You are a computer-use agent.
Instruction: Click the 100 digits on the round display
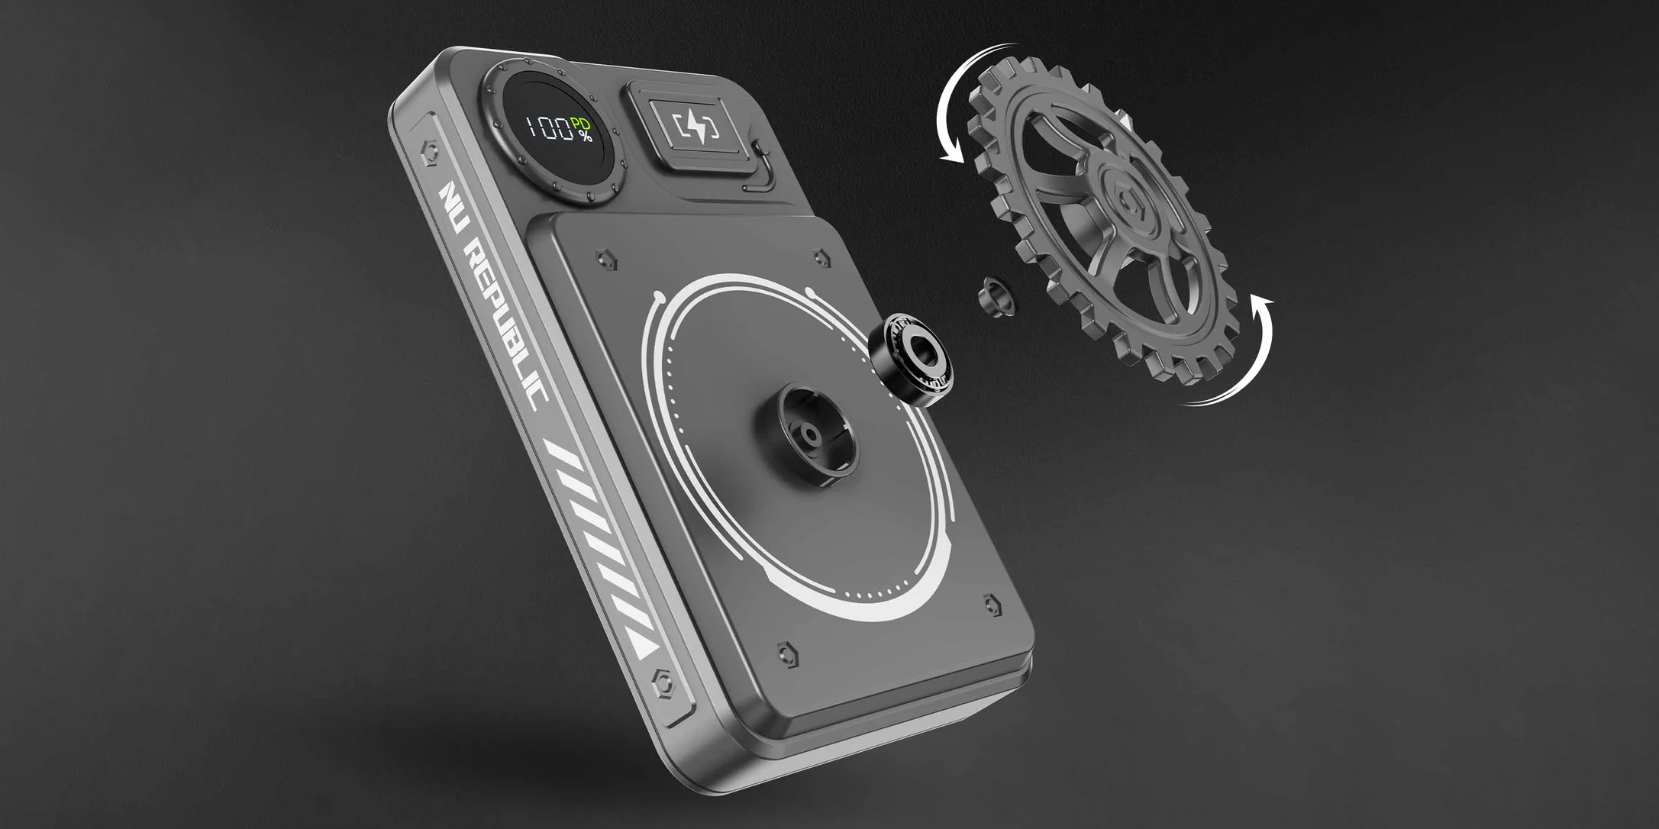click(549, 128)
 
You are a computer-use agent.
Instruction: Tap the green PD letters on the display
click(581, 124)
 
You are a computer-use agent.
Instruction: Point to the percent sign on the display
click(585, 137)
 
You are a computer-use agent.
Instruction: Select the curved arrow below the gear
click(1241, 359)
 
